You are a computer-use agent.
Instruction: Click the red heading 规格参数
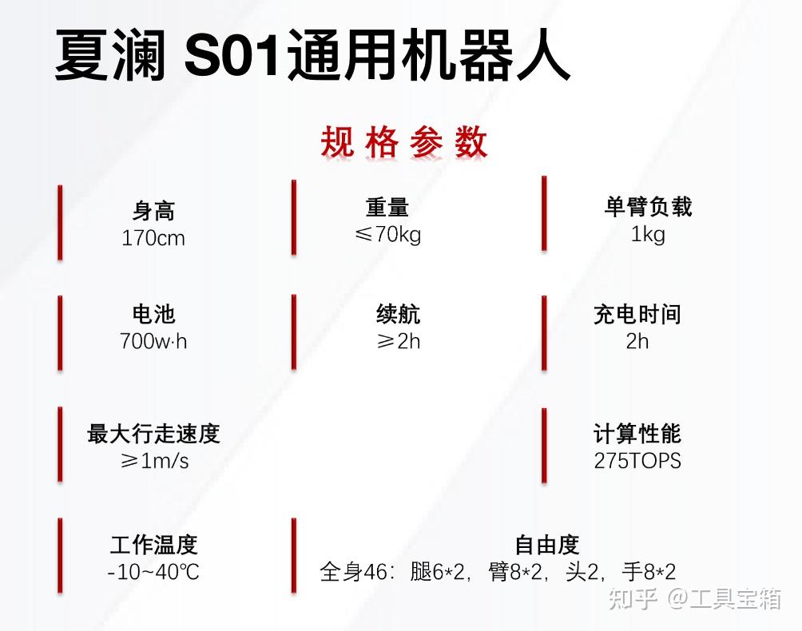coord(403,142)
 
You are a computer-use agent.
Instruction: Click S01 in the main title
coord(233,54)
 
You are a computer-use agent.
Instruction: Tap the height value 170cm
coord(153,238)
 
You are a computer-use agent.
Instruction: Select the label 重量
coord(387,208)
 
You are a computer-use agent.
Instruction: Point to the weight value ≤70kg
coord(387,235)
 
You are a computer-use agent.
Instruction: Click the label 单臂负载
coord(648,207)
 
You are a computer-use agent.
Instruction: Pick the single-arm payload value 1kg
coord(648,234)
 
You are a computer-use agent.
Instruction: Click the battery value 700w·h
coord(153,341)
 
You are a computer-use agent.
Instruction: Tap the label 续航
coord(398,314)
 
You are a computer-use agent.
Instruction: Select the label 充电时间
coord(637,314)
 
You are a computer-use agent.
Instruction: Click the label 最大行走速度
coord(153,434)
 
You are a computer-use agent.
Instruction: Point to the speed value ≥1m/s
coord(154,461)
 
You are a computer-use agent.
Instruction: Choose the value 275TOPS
coord(637,461)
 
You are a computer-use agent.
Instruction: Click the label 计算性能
coord(637,434)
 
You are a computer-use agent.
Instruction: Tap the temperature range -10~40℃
coord(153,572)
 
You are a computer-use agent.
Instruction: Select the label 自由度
coord(546,545)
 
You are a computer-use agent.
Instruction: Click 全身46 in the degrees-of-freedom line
coord(354,572)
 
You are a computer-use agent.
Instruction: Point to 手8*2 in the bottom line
coord(649,572)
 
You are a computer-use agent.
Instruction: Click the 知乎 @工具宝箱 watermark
coord(695,599)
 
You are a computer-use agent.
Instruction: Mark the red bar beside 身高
coord(60,222)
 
